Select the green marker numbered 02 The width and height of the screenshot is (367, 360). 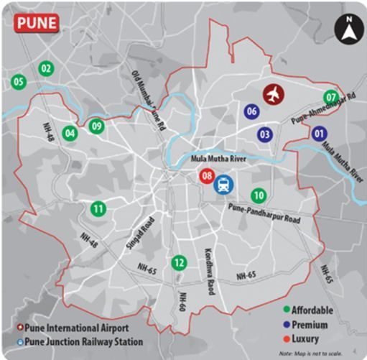click(x=46, y=69)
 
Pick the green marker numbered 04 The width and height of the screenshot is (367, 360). click(x=70, y=133)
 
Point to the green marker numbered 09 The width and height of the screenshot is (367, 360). click(x=97, y=126)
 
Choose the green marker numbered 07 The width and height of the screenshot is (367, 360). click(x=331, y=98)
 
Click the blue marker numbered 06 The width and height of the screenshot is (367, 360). click(x=251, y=111)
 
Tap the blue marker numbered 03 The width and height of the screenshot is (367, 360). click(x=265, y=134)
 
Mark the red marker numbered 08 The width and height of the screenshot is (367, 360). click(x=207, y=175)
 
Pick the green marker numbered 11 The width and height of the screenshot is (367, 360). click(x=99, y=209)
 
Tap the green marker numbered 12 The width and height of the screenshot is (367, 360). click(x=178, y=263)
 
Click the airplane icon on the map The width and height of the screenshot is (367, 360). click(x=273, y=93)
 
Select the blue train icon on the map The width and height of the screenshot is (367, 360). click(x=225, y=184)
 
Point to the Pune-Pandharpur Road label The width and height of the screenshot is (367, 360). click(x=264, y=212)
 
